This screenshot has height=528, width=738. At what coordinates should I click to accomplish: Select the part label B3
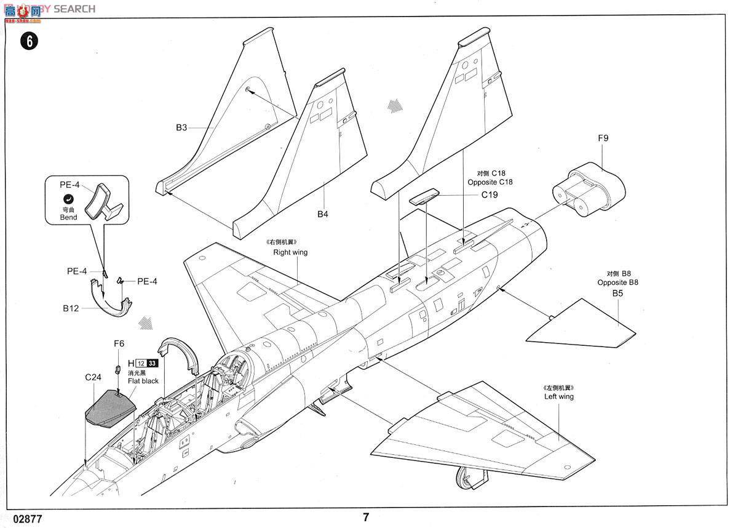tap(181, 128)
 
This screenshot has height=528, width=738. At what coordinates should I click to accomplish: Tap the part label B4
tap(323, 214)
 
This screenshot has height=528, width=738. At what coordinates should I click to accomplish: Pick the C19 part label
tap(490, 195)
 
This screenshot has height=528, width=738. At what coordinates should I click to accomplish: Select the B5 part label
tap(617, 294)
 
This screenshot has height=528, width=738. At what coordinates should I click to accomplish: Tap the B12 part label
tap(71, 309)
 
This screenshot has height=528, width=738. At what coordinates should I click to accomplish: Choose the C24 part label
tap(93, 377)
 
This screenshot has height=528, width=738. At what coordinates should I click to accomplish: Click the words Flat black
tap(143, 381)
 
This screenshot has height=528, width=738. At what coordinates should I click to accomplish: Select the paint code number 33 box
tap(153, 363)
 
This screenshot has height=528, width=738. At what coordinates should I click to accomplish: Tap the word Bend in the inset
tap(68, 217)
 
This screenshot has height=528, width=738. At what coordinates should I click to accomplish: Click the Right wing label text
tap(290, 252)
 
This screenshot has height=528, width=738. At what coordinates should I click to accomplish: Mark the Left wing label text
tap(558, 396)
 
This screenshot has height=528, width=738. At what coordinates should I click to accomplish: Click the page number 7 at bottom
tap(367, 517)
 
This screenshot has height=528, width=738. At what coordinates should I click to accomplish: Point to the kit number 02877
tap(27, 519)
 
